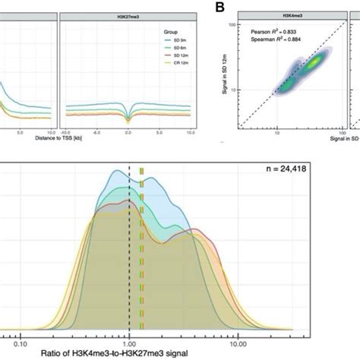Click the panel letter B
pos(219,8)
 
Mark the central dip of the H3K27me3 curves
pos(127,120)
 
